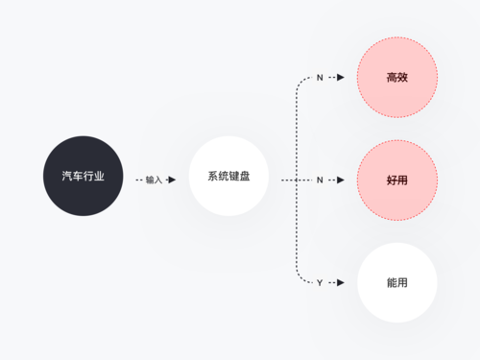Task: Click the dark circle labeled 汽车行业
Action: pyautogui.click(x=83, y=176)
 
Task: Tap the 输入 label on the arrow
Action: pyautogui.click(x=154, y=180)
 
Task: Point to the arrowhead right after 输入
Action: pyautogui.click(x=172, y=180)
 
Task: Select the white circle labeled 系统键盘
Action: pyautogui.click(x=228, y=176)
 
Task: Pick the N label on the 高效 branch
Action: pyautogui.click(x=320, y=77)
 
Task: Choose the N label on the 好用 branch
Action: pyautogui.click(x=320, y=180)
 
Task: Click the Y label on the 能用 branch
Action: pyautogui.click(x=320, y=283)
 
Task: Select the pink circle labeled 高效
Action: pyautogui.click(x=396, y=77)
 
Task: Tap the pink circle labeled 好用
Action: pyautogui.click(x=396, y=180)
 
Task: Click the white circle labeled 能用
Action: pyautogui.click(x=396, y=283)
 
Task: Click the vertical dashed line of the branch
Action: pyautogui.click(x=297, y=230)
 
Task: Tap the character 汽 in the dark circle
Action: pyautogui.click(x=66, y=177)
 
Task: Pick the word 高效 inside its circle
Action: pyautogui.click(x=396, y=77)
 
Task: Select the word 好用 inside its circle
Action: pyautogui.click(x=396, y=180)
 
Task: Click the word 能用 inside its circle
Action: pyautogui.click(x=396, y=283)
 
